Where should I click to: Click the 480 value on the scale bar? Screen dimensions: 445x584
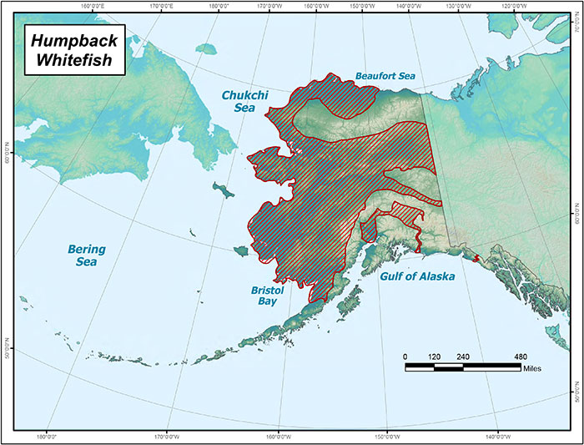pos(520,357)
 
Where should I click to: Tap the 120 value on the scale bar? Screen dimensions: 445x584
pos(434,357)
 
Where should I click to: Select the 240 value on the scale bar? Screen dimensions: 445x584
pos(463,357)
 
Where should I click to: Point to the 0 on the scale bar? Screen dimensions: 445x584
pos(405,357)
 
